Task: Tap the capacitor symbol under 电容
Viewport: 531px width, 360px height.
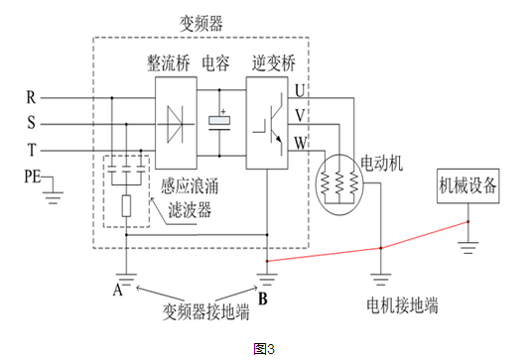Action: (x=219, y=121)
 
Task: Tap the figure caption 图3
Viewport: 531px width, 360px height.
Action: (x=264, y=347)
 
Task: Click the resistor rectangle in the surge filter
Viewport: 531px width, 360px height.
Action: (x=125, y=206)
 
